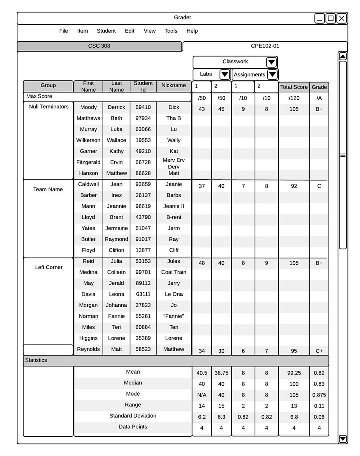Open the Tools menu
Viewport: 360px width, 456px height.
(171, 31)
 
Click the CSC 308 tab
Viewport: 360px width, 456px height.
(99, 46)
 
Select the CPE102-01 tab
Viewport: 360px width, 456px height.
(265, 46)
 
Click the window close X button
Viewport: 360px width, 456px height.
(342, 18)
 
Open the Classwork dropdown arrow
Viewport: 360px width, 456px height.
(271, 62)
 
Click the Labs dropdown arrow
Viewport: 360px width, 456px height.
(224, 74)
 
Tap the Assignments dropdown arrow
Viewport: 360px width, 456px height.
(272, 74)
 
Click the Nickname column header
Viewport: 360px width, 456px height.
(174, 86)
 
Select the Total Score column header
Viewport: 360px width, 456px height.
(294, 87)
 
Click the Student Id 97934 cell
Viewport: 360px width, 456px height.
(143, 118)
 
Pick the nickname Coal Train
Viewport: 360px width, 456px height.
(174, 272)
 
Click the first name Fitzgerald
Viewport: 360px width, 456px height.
(88, 162)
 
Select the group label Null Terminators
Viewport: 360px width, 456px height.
(49, 107)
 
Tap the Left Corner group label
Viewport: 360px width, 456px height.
(49, 267)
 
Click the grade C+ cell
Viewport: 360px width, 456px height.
(319, 351)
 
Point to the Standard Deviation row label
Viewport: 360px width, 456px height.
(133, 416)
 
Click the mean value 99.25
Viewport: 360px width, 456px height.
(294, 373)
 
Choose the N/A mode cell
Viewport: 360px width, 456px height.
(202, 395)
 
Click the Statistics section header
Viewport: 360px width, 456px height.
(36, 360)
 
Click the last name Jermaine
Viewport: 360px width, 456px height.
(116, 228)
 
